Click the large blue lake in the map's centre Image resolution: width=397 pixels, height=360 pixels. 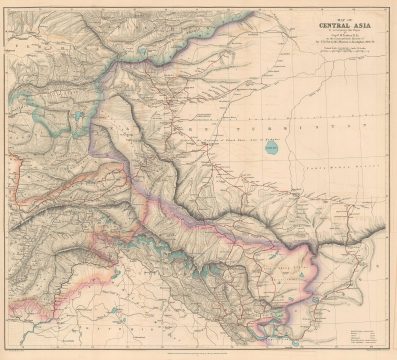click(x=245, y=150)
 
